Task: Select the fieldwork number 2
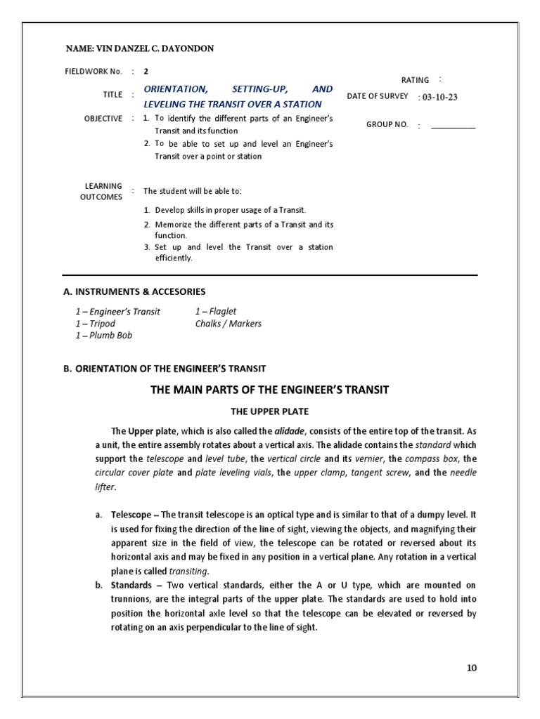(146, 71)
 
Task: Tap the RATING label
(414, 81)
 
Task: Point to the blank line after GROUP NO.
(453, 127)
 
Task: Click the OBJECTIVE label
(103, 119)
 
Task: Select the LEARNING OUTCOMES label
(103, 191)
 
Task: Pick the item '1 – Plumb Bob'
(103, 336)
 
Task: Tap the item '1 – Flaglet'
(216, 312)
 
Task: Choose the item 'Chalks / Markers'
(228, 324)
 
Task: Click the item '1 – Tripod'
(95, 324)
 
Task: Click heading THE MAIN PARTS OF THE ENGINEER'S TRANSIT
(270, 390)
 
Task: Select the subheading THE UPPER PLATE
(270, 411)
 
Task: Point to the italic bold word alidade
(289, 431)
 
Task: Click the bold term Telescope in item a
(131, 515)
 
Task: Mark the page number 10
(471, 668)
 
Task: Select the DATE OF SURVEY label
(378, 96)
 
